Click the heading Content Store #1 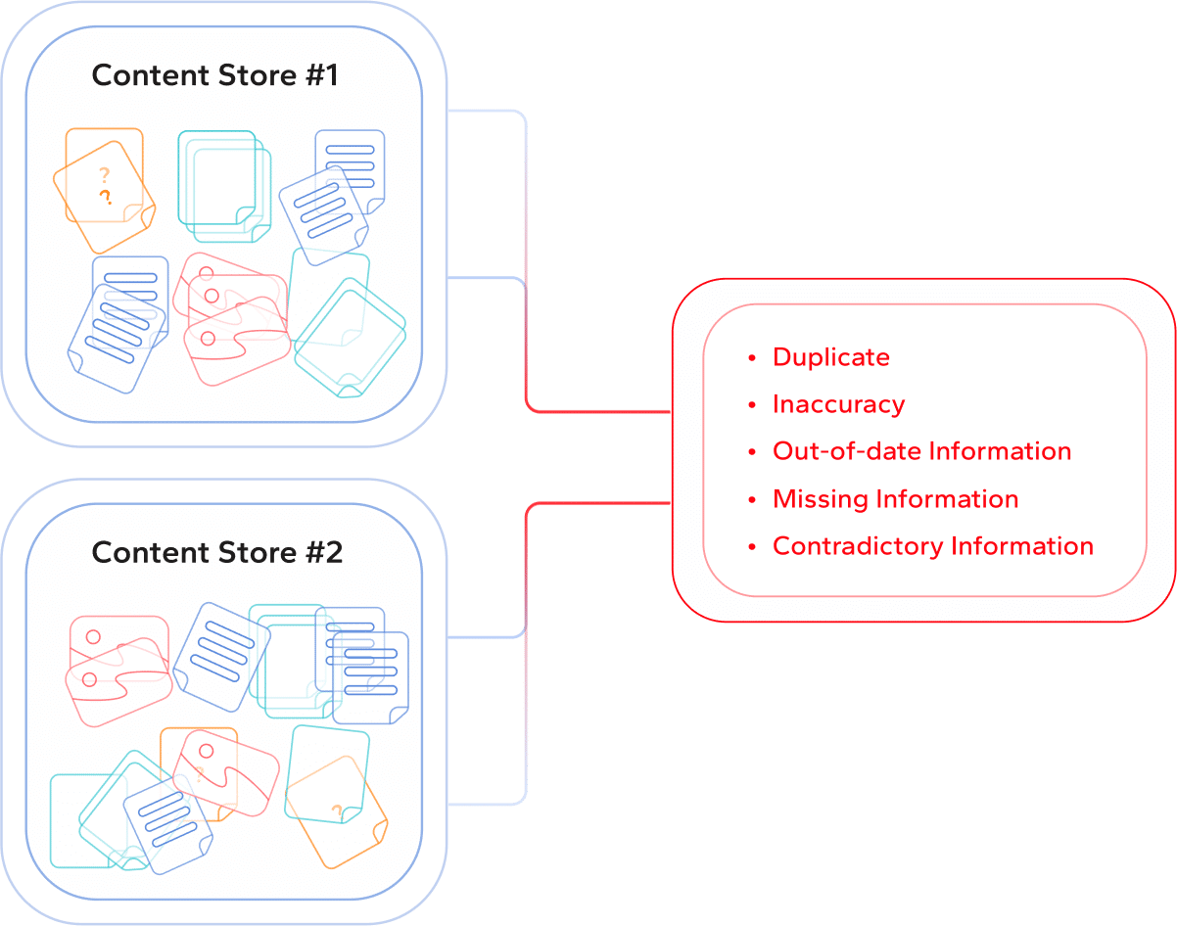click(x=214, y=76)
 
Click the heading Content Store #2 click(x=216, y=552)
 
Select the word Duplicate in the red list click(x=831, y=357)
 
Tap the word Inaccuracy click(x=838, y=404)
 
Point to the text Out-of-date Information click(x=921, y=451)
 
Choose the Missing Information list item click(x=895, y=499)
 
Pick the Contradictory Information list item click(x=932, y=546)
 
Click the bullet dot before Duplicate click(x=752, y=358)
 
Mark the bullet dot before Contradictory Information click(x=752, y=547)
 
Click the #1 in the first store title click(x=320, y=76)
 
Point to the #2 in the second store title click(x=322, y=552)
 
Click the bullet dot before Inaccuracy click(x=752, y=405)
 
